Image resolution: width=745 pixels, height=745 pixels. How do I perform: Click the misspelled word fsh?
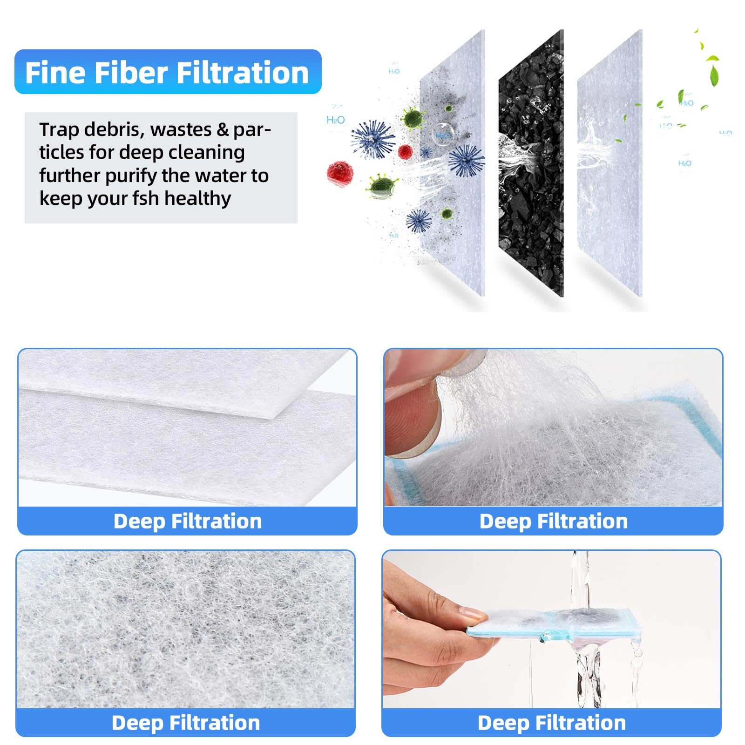point(145,198)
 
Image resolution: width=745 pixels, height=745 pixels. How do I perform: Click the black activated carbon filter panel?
point(531,163)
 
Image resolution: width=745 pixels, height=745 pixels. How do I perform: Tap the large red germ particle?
point(339,172)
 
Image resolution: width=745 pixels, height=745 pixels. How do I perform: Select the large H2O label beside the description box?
point(335,120)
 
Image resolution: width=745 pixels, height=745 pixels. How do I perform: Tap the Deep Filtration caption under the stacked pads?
point(188,521)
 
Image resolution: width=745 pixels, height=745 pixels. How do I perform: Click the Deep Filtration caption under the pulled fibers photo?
point(554,521)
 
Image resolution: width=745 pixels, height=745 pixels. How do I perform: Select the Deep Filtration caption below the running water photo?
point(552,723)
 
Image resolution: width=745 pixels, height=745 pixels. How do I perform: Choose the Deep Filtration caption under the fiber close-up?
point(186,723)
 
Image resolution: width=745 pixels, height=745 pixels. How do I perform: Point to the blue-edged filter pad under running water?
point(554,624)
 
